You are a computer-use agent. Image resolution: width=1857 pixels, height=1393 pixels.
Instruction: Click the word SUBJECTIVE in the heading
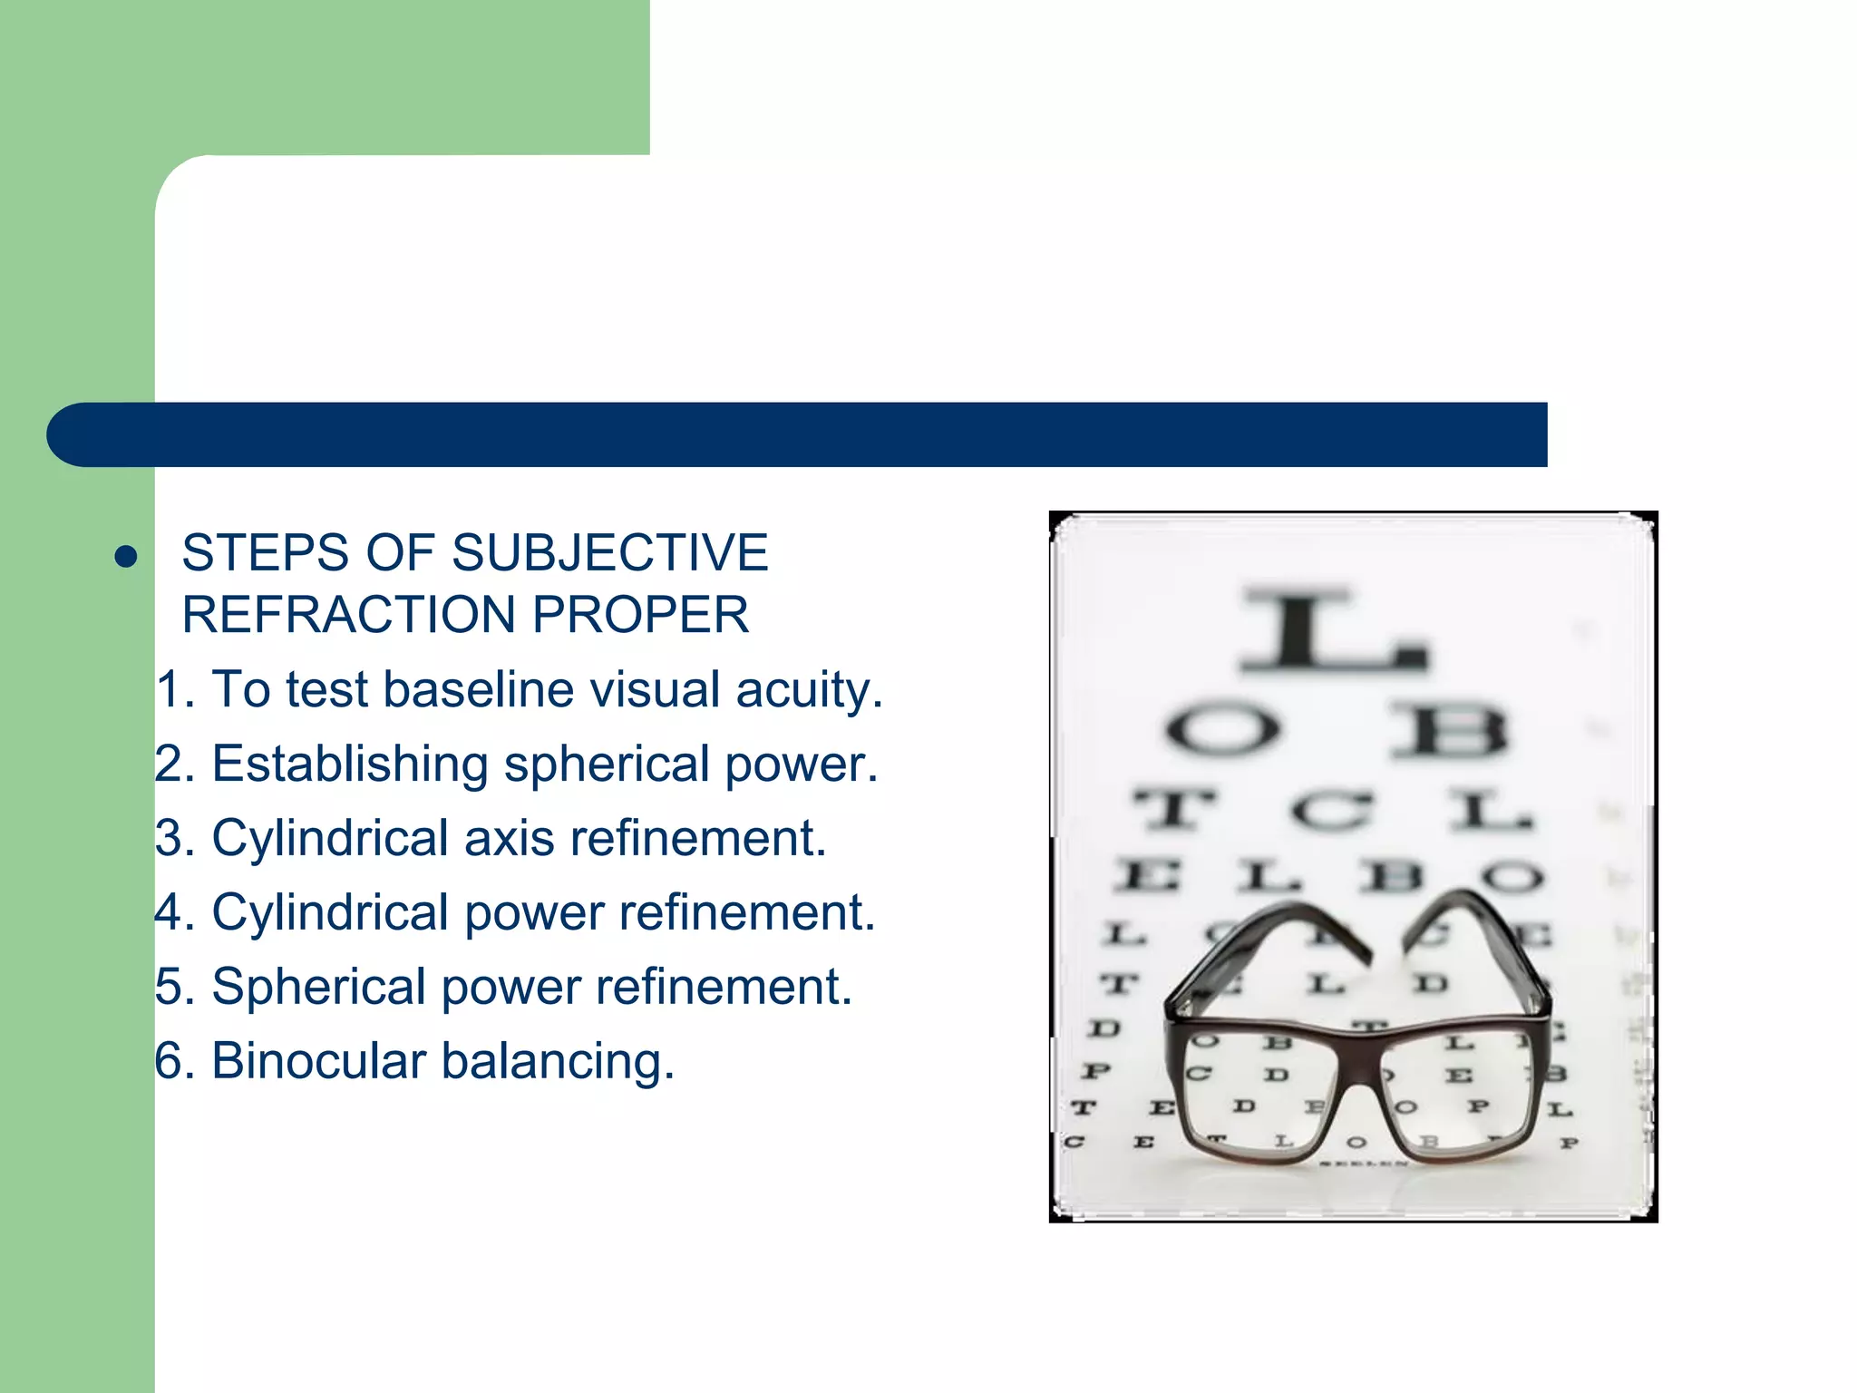point(609,552)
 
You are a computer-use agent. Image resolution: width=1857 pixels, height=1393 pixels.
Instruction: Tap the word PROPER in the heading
point(640,615)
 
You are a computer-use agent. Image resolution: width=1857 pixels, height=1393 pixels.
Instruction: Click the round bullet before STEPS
point(126,556)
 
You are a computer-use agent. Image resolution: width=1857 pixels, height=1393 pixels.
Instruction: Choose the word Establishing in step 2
point(350,765)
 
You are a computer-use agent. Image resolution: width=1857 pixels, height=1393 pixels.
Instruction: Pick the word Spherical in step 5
point(318,988)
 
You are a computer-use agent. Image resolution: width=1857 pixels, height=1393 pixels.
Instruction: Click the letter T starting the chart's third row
point(1173,808)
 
